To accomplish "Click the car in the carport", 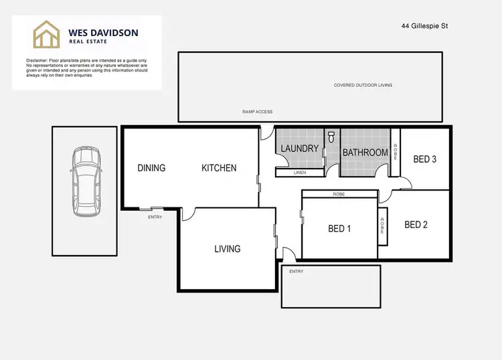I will tap(85, 181).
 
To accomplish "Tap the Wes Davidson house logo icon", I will tap(48, 34).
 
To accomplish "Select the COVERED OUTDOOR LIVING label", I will tap(363, 86).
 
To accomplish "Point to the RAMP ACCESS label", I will tap(257, 112).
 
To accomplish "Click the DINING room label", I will tap(151, 168).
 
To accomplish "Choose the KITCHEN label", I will tap(219, 168).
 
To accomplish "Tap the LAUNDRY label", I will tap(299, 148).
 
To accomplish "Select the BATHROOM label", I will tap(365, 153).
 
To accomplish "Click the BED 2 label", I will tap(416, 225).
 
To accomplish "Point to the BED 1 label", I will tap(339, 229).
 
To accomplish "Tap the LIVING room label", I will tap(227, 249).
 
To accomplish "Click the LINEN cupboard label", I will tap(300, 173).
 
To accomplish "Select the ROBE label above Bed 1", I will tap(339, 194).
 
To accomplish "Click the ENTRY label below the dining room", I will tap(155, 217).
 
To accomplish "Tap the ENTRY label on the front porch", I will tap(296, 272).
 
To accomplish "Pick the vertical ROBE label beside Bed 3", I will tap(396, 153).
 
